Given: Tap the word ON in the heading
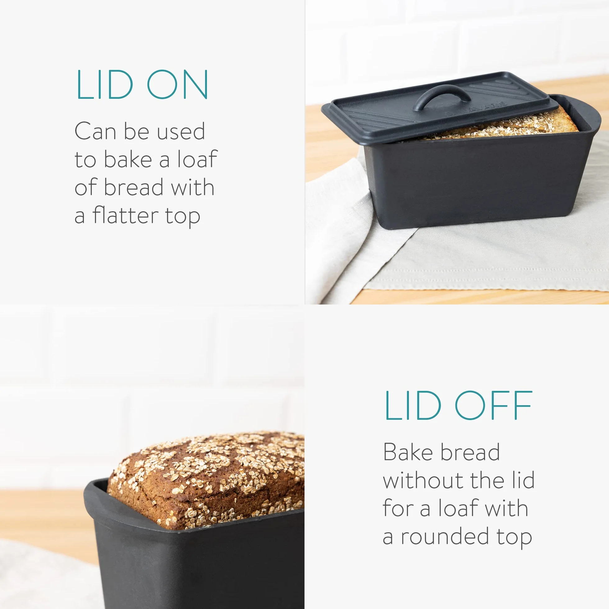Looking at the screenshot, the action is [x=177, y=85].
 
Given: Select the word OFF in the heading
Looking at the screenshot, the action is [x=494, y=406].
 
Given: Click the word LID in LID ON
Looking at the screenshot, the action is [x=105, y=85].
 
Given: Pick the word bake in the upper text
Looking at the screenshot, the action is [x=128, y=159].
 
